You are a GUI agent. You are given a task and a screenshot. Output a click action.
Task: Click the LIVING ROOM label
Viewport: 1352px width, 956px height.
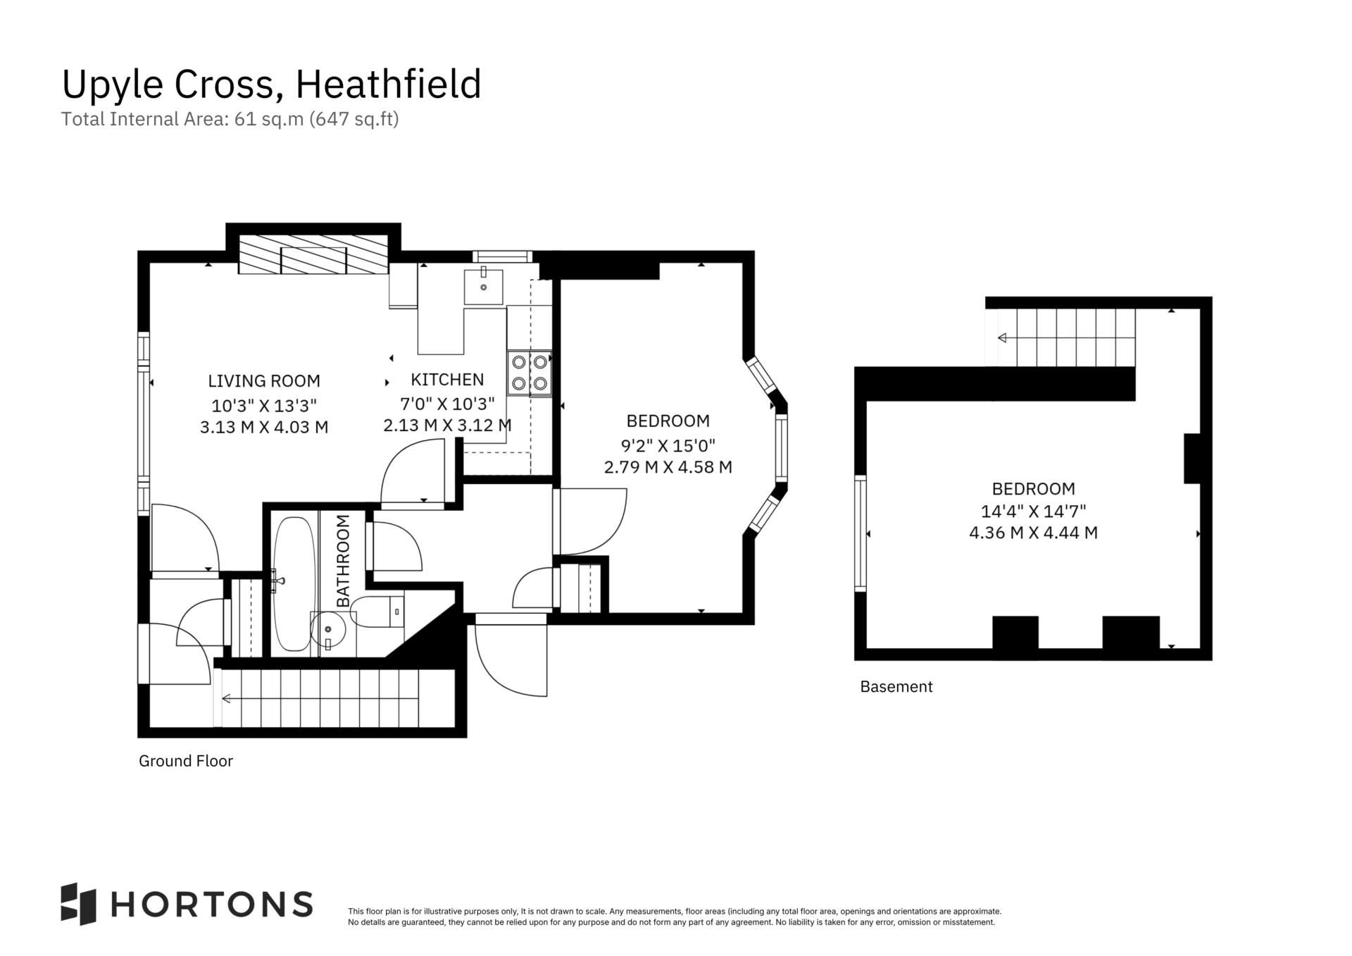(264, 381)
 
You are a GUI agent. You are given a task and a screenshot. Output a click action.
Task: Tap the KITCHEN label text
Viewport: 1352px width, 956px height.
(447, 380)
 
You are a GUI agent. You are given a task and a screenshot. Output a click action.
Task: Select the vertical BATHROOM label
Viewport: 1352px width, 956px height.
(343, 561)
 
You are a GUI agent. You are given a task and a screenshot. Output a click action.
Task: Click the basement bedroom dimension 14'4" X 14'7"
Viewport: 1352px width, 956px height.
(1034, 511)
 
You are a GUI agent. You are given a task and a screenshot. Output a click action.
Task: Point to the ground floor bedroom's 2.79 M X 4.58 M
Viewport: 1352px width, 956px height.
(668, 467)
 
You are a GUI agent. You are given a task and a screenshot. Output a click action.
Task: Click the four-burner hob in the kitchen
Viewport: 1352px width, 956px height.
(530, 373)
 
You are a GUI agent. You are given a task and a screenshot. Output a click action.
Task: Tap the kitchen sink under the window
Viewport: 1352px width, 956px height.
(483, 286)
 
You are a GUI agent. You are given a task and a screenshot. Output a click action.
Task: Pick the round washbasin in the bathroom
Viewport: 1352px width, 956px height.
(328, 629)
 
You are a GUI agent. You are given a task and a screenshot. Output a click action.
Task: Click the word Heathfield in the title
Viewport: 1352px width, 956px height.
(388, 85)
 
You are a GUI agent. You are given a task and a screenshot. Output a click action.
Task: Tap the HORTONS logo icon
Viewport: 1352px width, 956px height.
(78, 904)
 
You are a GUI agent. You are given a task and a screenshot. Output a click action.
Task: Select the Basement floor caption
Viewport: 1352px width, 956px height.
(896, 687)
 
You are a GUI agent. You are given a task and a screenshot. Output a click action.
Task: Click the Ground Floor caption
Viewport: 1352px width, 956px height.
(186, 762)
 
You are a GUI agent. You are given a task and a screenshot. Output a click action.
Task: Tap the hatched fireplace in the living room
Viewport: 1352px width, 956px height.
(313, 254)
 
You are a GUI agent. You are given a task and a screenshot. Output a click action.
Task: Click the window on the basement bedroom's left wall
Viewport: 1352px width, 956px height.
(860, 533)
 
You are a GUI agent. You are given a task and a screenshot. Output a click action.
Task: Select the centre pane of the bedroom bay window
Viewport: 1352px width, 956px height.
(782, 448)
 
